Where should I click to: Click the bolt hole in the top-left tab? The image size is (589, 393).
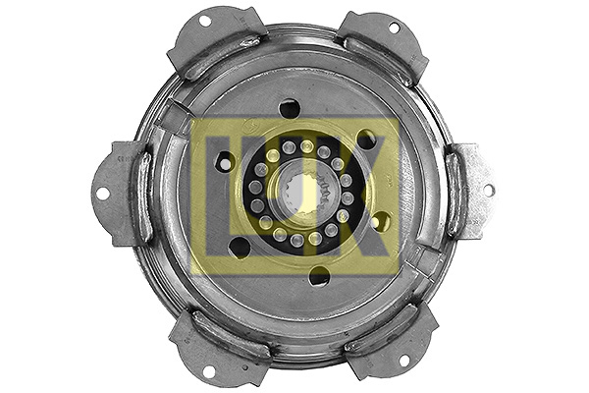click(205, 22)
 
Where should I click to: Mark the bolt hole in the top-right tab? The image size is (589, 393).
click(393, 28)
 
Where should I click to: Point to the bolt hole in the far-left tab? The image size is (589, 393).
click(102, 193)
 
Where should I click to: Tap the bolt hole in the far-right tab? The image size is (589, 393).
click(487, 190)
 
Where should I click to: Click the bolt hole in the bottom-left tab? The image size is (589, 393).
click(207, 370)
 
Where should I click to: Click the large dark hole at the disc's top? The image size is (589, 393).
click(290, 108)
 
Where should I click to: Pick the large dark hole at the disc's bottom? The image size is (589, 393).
click(319, 276)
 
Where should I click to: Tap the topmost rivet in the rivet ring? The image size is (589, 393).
click(307, 146)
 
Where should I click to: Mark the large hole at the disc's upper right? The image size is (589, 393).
click(366, 140)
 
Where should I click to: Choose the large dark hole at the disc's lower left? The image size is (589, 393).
click(240, 248)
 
